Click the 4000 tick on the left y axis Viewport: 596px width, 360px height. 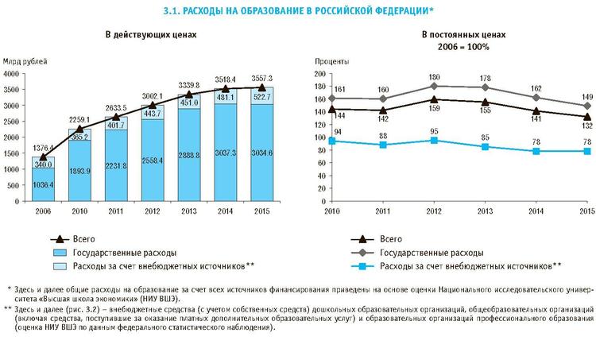pyautogui.click(x=14, y=73)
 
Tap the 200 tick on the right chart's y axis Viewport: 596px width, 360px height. pyautogui.click(x=321, y=73)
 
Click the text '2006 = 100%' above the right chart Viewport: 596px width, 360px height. pyautogui.click(x=464, y=48)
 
